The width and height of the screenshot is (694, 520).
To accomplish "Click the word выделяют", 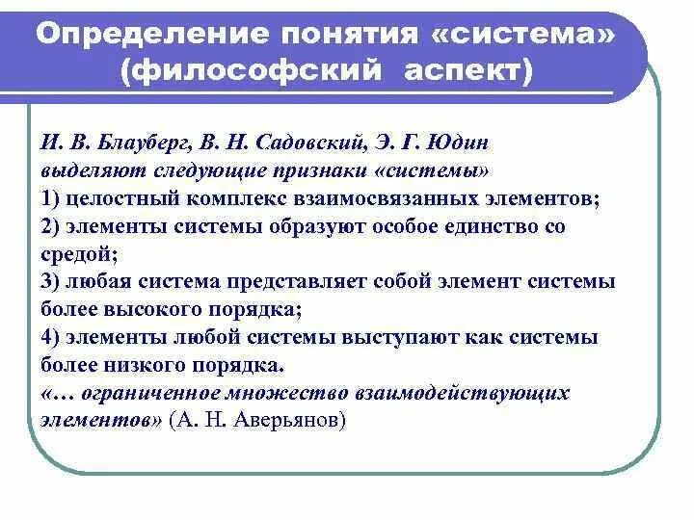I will click(x=86, y=172).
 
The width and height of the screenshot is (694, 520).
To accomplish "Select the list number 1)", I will click(x=52, y=199).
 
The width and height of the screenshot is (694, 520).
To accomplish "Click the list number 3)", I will click(x=52, y=282).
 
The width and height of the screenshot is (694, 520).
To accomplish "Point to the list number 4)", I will click(x=52, y=338).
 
